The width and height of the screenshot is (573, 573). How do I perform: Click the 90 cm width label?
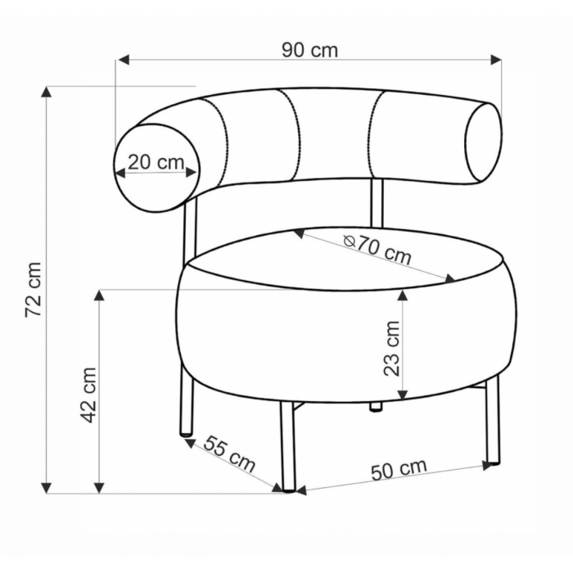coord(310,50)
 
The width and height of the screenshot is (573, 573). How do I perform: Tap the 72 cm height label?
coord(34,290)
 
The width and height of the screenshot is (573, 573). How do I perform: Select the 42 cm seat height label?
coord(88,395)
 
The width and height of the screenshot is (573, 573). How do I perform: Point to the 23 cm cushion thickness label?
coord(392,348)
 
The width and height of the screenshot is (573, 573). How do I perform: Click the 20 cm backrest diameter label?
coord(156,162)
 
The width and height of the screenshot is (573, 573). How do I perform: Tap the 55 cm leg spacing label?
coord(229,453)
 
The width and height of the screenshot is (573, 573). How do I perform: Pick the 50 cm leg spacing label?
coord(399,469)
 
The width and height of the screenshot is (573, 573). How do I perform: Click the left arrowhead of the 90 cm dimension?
coord(124,60)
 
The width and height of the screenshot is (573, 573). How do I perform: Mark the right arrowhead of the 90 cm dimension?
coord(496,60)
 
